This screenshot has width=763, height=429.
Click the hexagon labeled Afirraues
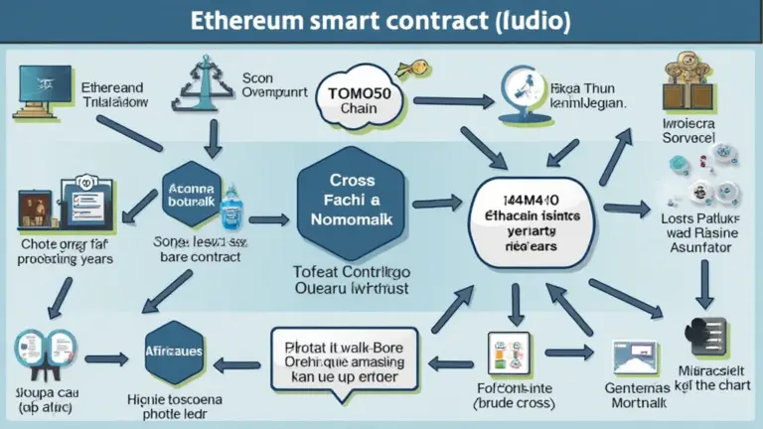point(174,353)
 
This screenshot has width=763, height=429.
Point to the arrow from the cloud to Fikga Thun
point(453,99)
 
